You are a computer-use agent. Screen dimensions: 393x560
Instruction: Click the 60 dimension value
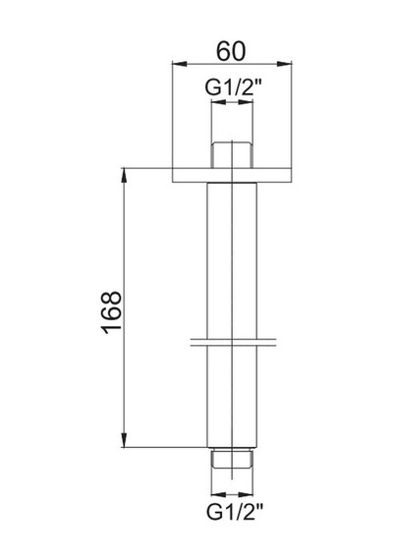231,51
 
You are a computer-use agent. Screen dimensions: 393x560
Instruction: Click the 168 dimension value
112,312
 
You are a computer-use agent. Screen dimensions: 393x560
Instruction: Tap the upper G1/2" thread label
234,87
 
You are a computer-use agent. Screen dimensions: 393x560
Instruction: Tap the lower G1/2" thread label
235,512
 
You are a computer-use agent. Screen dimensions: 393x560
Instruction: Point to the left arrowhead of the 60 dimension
180,64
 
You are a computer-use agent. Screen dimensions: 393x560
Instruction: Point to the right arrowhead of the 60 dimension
285,64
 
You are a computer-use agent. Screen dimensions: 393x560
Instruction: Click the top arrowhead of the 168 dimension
124,175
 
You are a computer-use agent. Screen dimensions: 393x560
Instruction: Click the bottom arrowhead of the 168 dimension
124,439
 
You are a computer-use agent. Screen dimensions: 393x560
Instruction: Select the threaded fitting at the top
232,155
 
